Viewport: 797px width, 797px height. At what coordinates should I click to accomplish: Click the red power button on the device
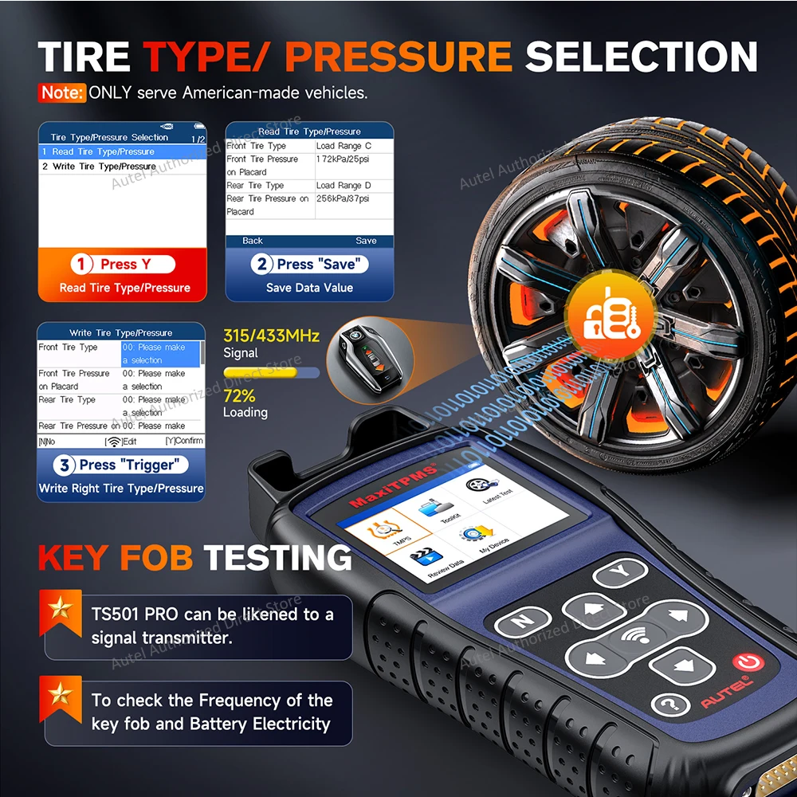point(746,662)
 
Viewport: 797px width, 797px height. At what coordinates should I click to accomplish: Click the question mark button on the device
point(669,704)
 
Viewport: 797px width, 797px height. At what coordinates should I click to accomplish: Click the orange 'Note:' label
point(61,92)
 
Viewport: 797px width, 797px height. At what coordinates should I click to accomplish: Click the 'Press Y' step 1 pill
point(123,264)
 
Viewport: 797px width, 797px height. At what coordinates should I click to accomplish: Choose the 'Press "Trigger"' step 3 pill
point(122,465)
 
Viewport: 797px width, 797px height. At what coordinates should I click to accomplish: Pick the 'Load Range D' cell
point(344,186)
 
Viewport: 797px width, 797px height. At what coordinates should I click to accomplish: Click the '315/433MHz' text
point(271,336)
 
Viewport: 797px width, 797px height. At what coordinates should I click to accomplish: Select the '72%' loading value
point(239,396)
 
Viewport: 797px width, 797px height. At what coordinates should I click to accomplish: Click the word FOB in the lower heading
point(156,557)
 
